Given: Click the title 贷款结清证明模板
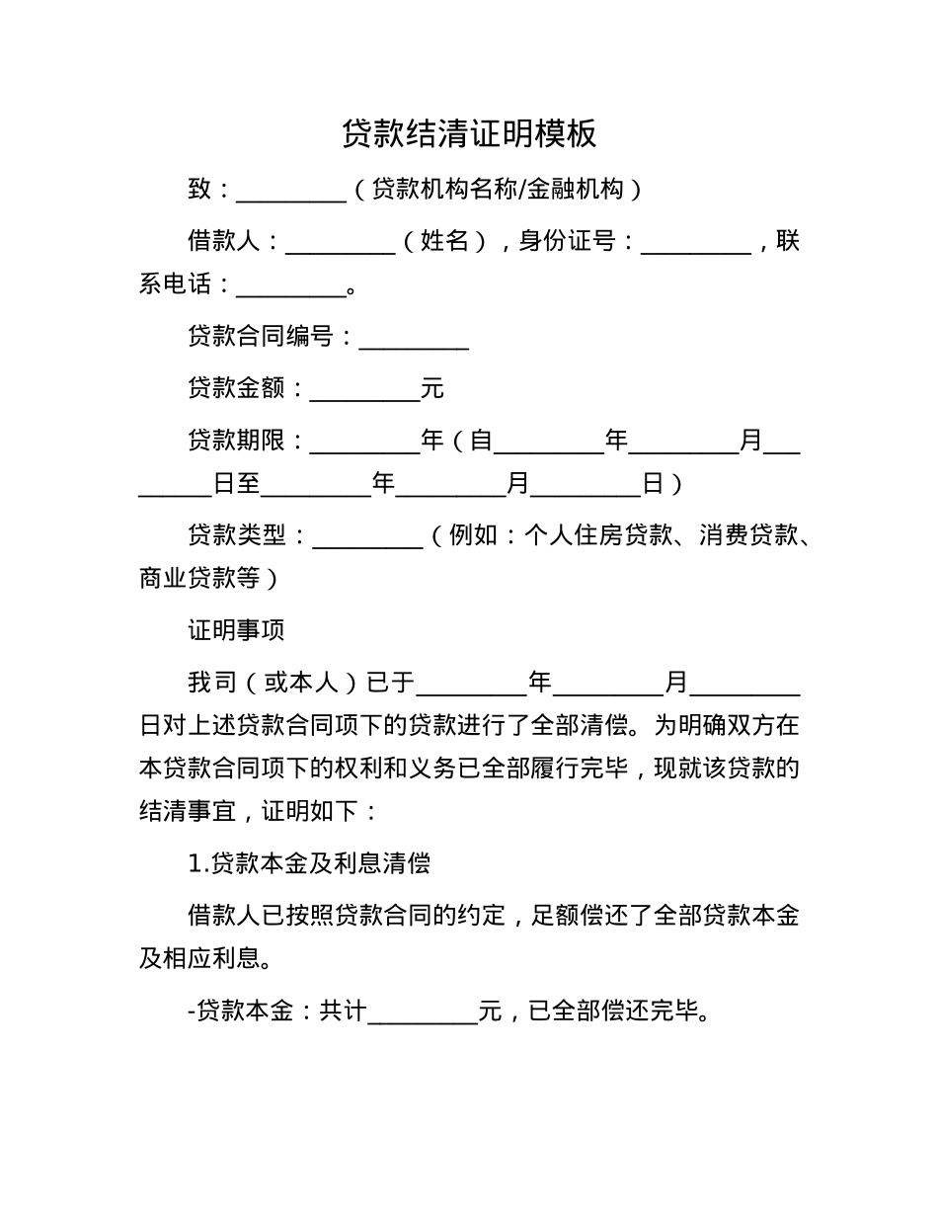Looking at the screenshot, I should [x=469, y=133].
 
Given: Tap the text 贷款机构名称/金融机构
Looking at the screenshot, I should [x=498, y=189].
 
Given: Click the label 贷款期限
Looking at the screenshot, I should [x=237, y=441].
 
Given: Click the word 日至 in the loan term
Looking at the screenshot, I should [x=237, y=484].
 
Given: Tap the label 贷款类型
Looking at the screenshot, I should [x=237, y=535].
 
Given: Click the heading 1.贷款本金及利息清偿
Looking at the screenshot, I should [x=309, y=863].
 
